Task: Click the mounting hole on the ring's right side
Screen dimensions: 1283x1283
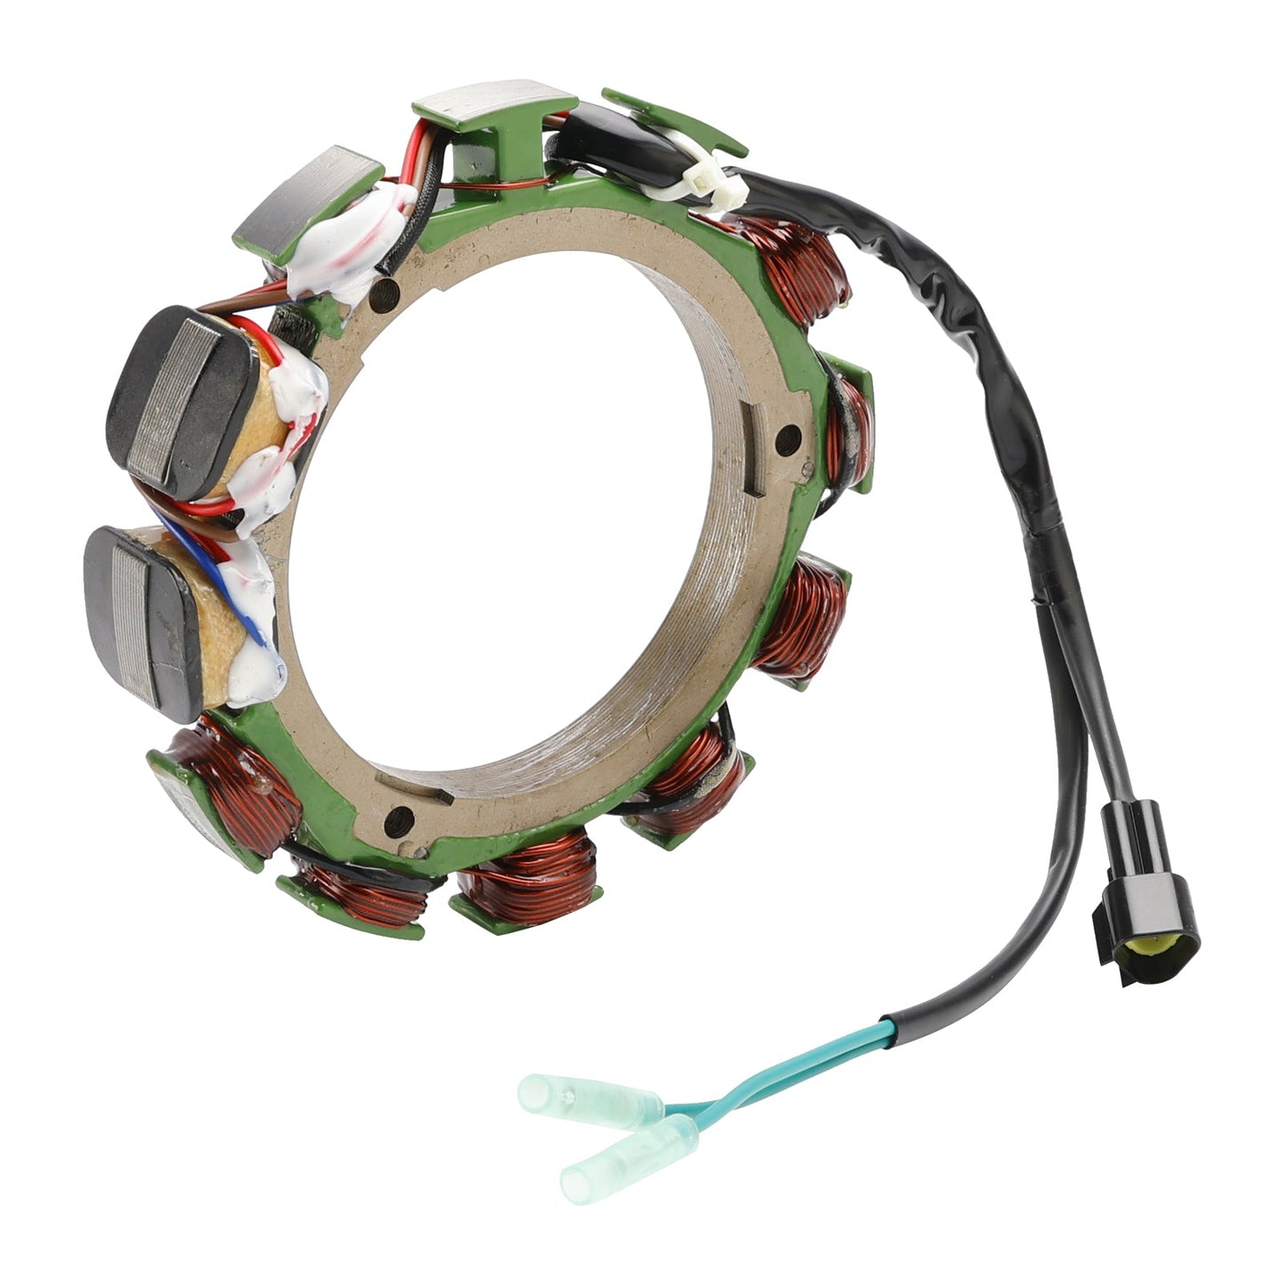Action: pyautogui.click(x=786, y=436)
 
